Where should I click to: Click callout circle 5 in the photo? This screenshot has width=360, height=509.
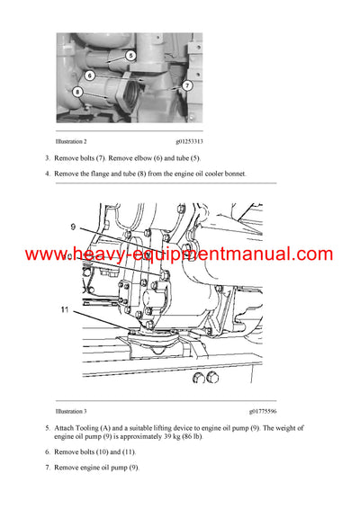click(130, 56)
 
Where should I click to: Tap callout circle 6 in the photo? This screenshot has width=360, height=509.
click(90, 76)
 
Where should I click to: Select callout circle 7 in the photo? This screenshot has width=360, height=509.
click(186, 85)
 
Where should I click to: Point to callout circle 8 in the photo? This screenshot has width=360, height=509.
click(78, 92)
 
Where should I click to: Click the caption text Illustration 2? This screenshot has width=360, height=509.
click(72, 141)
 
